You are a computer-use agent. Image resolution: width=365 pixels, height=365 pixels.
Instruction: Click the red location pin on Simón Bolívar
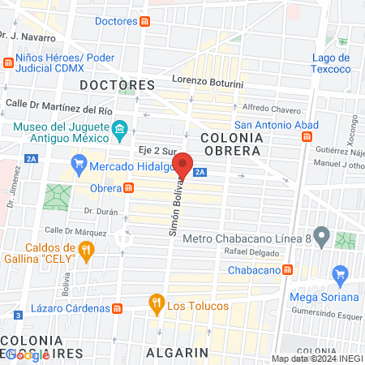click(x=183, y=165)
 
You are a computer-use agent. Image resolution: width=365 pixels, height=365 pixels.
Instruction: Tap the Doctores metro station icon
click(x=144, y=20)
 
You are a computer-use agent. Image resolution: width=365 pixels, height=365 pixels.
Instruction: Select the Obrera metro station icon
click(x=129, y=188)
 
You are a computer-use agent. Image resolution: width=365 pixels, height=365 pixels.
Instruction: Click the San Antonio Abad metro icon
click(x=307, y=137)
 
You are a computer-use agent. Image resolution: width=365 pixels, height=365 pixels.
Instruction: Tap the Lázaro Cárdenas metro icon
click(x=118, y=308)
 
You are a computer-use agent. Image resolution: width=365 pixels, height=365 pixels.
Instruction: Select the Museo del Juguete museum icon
click(x=119, y=129)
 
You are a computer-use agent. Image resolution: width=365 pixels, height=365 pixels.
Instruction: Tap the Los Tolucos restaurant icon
click(x=156, y=306)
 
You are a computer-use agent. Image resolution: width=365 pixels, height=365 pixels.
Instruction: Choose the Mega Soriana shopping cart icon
click(x=341, y=277)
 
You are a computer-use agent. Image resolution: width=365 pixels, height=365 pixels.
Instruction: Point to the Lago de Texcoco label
click(x=332, y=63)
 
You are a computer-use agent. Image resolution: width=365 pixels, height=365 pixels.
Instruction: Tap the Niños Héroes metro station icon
click(x=9, y=62)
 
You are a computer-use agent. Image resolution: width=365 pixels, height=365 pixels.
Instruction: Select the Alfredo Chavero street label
click(x=272, y=109)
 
